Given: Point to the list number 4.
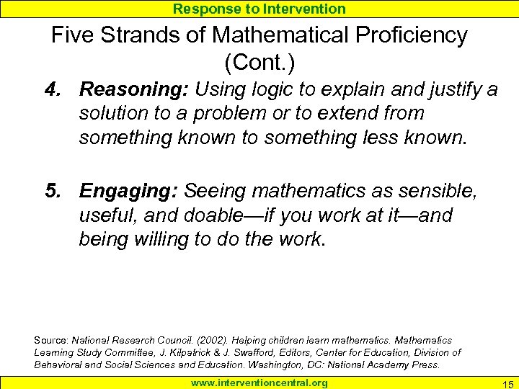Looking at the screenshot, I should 52,89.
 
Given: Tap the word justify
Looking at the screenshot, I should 453,89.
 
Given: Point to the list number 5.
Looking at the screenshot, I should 52,191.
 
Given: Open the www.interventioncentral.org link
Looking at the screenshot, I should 259,383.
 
